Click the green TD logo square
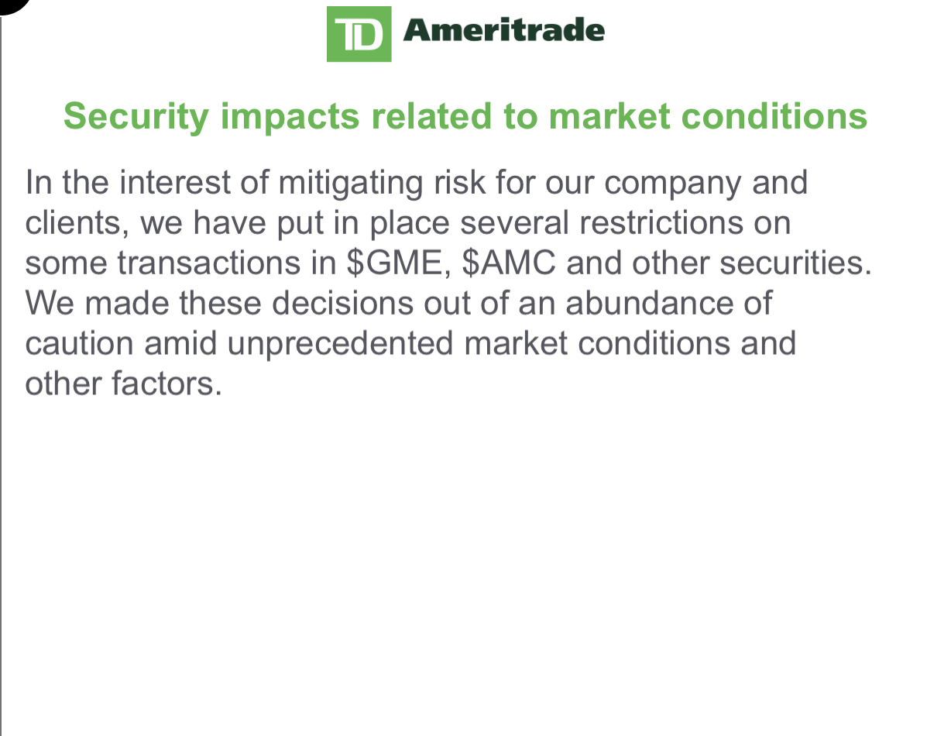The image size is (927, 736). (359, 34)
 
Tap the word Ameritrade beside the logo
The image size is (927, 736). (503, 30)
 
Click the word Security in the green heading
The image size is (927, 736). (136, 117)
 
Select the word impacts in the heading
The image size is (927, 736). (290, 117)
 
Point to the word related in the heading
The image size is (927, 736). (431, 115)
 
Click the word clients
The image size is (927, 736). (74, 223)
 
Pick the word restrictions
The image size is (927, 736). (661, 222)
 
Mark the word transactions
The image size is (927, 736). (208, 263)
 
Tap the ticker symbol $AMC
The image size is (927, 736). (509, 263)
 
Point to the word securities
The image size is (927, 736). (796, 263)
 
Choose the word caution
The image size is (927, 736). (79, 344)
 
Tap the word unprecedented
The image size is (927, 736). (340, 345)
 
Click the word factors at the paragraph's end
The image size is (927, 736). (167, 383)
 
